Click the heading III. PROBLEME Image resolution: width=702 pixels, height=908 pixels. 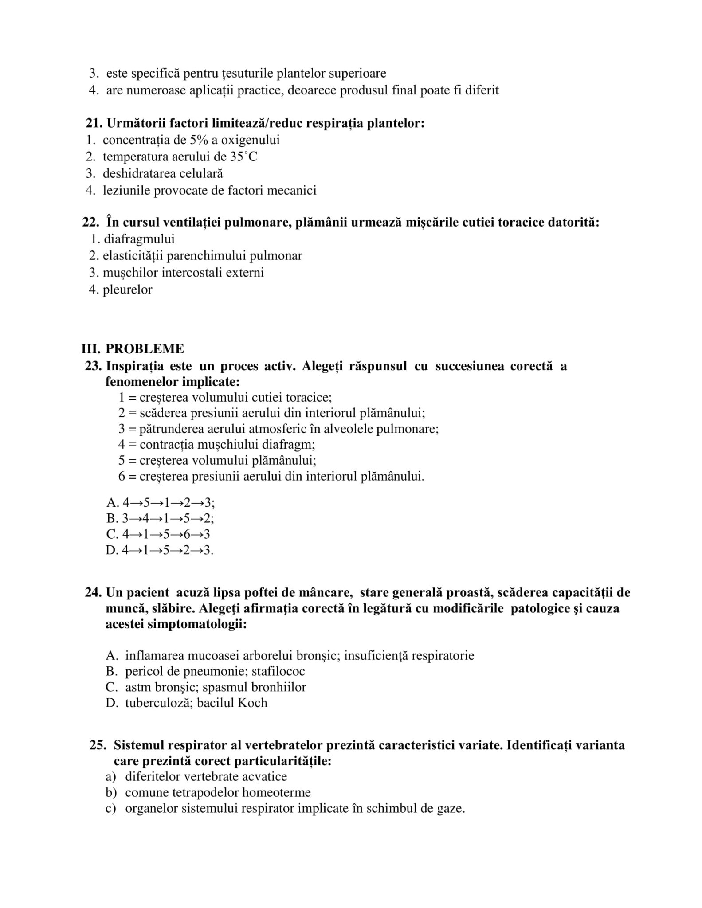[132, 349]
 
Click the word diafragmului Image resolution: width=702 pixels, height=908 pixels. [139, 239]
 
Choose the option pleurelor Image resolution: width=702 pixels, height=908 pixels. [127, 290]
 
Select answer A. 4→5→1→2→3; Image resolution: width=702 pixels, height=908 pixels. [160, 503]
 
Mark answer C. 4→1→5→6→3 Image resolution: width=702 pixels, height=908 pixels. [158, 534]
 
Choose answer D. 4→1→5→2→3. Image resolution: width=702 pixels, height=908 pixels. [159, 550]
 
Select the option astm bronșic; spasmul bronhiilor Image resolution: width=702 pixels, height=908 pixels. [216, 687]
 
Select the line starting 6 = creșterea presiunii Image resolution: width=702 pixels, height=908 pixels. [271, 477]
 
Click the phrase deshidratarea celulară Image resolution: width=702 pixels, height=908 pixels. [163, 173]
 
